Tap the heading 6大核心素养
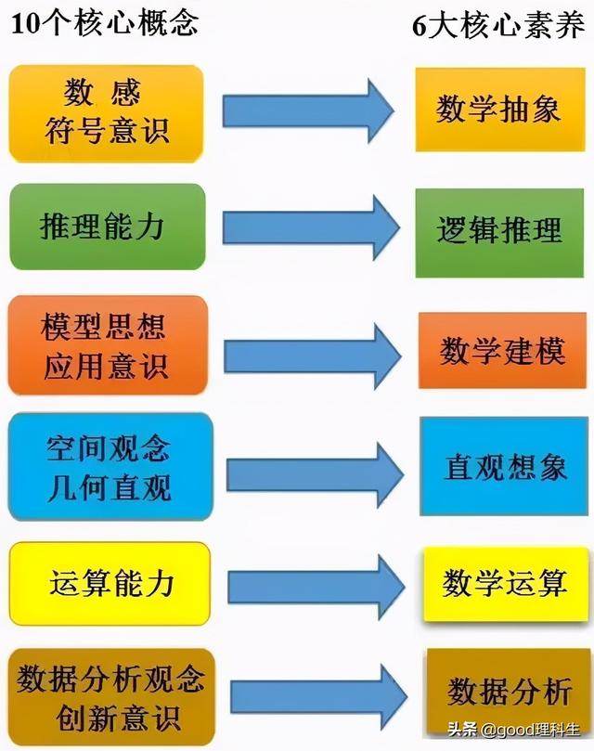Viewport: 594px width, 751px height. pyautogui.click(x=500, y=25)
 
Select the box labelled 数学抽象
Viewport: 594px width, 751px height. pyautogui.click(x=500, y=110)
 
